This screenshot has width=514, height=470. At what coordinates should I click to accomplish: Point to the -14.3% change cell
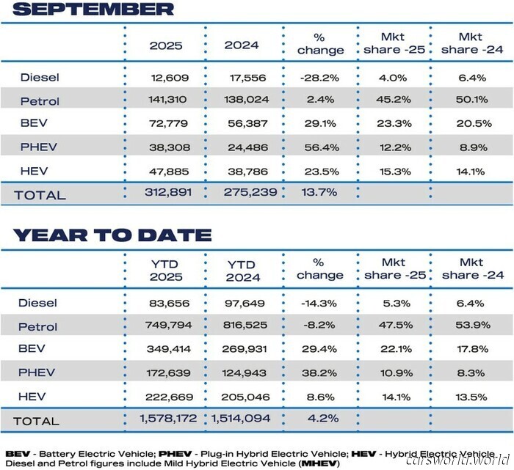(321, 303)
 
